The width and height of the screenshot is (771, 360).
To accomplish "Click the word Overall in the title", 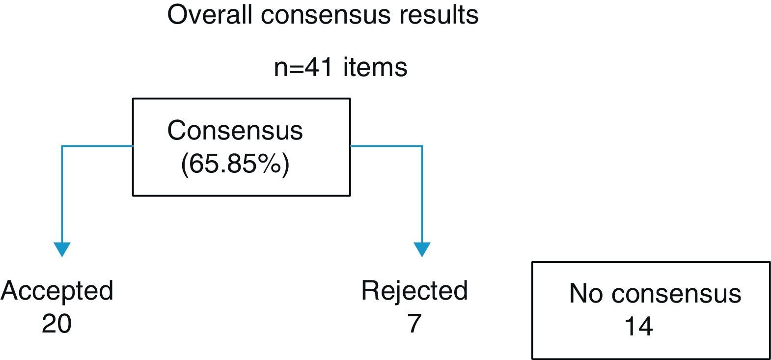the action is pos(211,15).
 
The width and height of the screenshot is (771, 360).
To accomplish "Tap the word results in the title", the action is pos(438,15).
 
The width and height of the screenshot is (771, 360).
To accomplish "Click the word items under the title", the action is pos(375,67).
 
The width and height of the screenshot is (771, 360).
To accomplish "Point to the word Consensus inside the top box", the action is pos(235,131).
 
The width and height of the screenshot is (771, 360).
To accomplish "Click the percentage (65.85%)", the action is pos(235,164).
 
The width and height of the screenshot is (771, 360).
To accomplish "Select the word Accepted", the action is pos(57,291).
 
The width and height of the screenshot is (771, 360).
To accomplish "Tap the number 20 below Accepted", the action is pos(56,324).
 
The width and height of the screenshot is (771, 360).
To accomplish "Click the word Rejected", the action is pos(414,290).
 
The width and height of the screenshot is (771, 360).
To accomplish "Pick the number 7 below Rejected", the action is pos(414,324).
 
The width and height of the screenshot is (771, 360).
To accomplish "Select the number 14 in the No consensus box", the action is pos(638,326).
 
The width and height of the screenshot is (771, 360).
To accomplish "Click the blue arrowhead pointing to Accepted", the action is pos(62,249).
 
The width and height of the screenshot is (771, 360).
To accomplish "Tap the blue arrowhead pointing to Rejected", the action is pos(422,249).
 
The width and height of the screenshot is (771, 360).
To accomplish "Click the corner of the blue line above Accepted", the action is pos(62,146).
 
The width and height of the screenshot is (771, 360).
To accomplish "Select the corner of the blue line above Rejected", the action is pos(422,146).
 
